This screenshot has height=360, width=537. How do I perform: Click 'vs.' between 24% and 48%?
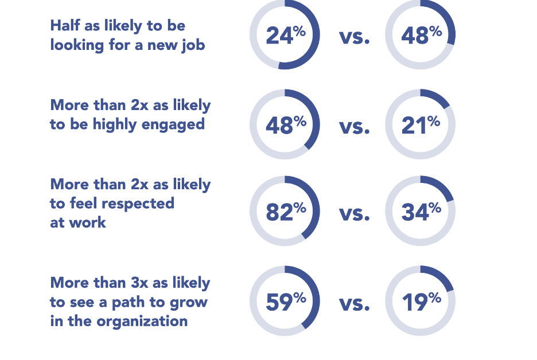(x=354, y=37)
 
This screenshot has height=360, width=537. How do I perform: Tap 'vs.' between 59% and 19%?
(x=354, y=303)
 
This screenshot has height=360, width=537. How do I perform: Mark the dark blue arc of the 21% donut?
(x=438, y=97)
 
